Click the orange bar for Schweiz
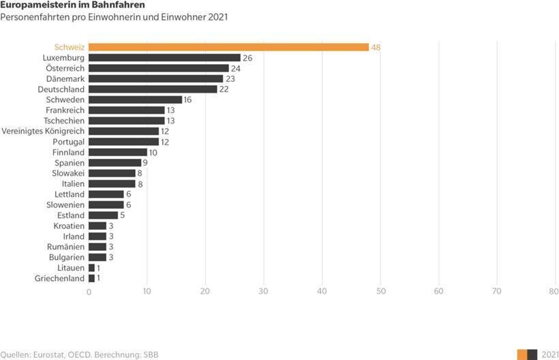pyautogui.click(x=228, y=47)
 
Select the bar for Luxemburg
pyautogui.click(x=164, y=58)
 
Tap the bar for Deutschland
pyautogui.click(x=153, y=89)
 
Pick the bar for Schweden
pyautogui.click(x=135, y=100)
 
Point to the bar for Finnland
pyautogui.click(x=118, y=152)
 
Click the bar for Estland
pyautogui.click(x=103, y=215)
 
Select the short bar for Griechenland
pyautogui.click(x=91, y=278)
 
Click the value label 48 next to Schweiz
pyautogui.click(x=376, y=48)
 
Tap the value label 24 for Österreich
pyautogui.click(x=236, y=68)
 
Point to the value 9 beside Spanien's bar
pyautogui.click(x=146, y=163)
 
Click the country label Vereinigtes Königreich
pyautogui.click(x=44, y=131)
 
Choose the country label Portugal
pyautogui.click(x=68, y=142)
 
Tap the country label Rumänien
pyautogui.click(x=66, y=247)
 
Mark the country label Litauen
pyautogui.click(x=71, y=268)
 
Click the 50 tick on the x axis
pyautogui.click(x=380, y=292)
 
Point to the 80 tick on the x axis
pyautogui.click(x=554, y=292)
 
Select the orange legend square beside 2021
pyautogui.click(x=522, y=355)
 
